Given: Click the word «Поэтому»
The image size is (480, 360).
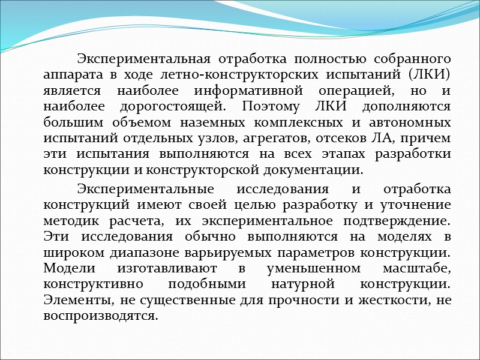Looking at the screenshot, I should click(x=270, y=107).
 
